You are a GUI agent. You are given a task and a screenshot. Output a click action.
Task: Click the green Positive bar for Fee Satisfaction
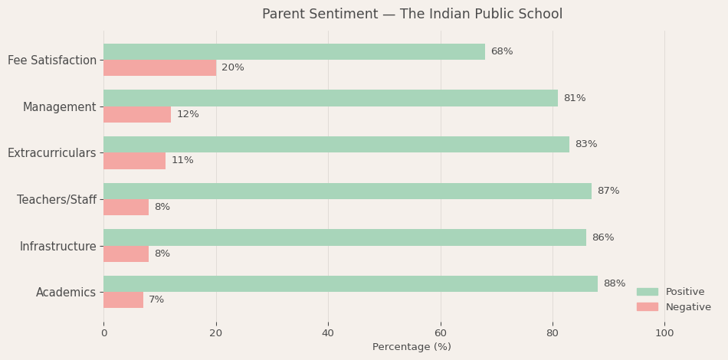(x=294, y=51)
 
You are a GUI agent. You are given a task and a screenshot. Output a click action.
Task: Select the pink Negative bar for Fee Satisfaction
(x=159, y=68)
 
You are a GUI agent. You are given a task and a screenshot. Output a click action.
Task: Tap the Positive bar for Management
(x=330, y=98)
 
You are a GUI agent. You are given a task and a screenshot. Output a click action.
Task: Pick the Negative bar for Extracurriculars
(x=134, y=161)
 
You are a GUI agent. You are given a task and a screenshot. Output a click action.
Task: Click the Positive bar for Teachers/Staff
(x=347, y=191)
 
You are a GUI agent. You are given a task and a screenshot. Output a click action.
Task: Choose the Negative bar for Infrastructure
(x=126, y=254)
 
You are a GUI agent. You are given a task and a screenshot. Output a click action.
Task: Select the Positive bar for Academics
(x=350, y=283)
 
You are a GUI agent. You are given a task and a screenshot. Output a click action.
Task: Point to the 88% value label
(x=615, y=284)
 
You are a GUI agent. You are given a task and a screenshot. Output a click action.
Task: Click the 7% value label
(x=156, y=300)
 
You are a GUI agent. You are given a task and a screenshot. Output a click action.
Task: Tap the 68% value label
(x=502, y=52)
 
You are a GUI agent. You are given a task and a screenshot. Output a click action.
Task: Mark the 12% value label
(x=188, y=115)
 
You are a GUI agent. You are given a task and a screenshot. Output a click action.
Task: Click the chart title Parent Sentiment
(x=412, y=15)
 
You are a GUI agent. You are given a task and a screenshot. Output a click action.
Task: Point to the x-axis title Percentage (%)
(x=412, y=347)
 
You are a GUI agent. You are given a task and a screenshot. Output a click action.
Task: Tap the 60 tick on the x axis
(x=441, y=333)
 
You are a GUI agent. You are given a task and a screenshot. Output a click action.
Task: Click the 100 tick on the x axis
(x=664, y=333)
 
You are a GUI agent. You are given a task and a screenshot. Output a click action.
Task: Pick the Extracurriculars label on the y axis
(x=52, y=153)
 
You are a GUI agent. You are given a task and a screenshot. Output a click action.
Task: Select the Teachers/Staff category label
(x=57, y=200)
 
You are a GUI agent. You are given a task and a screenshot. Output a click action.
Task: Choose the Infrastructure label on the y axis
(x=58, y=247)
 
